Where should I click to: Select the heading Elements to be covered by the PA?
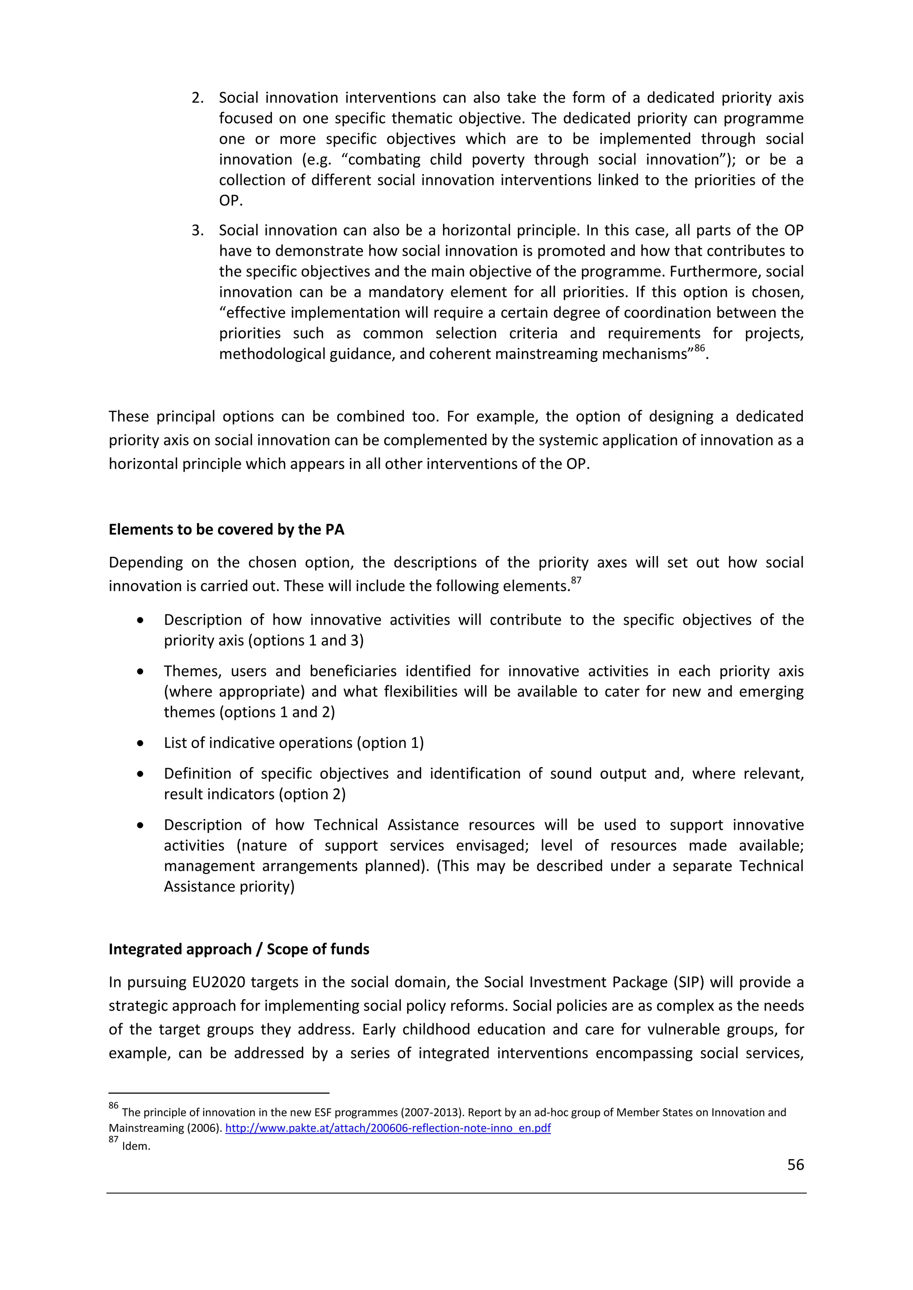point(226,530)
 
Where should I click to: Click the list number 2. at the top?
point(197,98)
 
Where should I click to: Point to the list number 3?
point(197,230)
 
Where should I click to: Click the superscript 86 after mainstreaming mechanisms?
point(699,348)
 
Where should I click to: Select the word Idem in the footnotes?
point(136,1147)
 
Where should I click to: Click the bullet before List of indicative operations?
point(140,743)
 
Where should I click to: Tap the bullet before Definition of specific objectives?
point(140,774)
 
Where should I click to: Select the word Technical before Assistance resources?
point(345,825)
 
